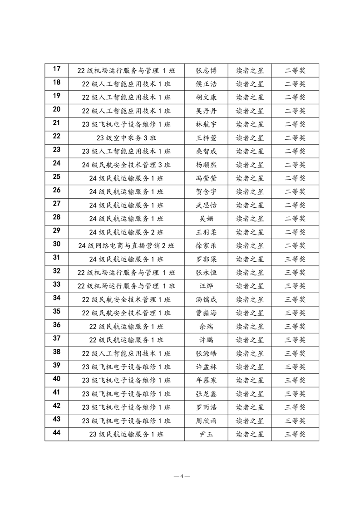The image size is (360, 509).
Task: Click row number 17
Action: click(x=57, y=69)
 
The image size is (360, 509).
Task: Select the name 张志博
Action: click(x=206, y=70)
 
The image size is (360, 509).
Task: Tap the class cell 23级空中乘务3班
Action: click(x=126, y=138)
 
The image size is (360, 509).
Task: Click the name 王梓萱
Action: click(x=206, y=138)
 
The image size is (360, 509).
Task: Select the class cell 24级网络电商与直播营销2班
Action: click(x=126, y=245)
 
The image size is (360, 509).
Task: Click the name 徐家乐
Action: click(x=206, y=245)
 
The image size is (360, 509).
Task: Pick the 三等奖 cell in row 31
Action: click(x=295, y=259)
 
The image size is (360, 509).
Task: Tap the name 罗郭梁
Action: click(x=206, y=259)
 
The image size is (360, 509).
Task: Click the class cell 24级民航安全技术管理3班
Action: click(x=126, y=165)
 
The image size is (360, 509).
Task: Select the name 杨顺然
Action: click(x=206, y=165)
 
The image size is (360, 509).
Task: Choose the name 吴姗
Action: click(x=206, y=219)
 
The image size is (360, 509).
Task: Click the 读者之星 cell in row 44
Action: click(x=250, y=434)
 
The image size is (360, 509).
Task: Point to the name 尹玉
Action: click(x=206, y=434)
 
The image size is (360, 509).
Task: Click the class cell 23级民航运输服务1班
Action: click(x=126, y=434)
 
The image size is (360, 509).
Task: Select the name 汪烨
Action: click(x=206, y=286)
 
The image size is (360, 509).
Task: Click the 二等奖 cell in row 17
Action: click(x=295, y=70)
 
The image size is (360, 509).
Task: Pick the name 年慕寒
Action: click(x=206, y=380)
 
